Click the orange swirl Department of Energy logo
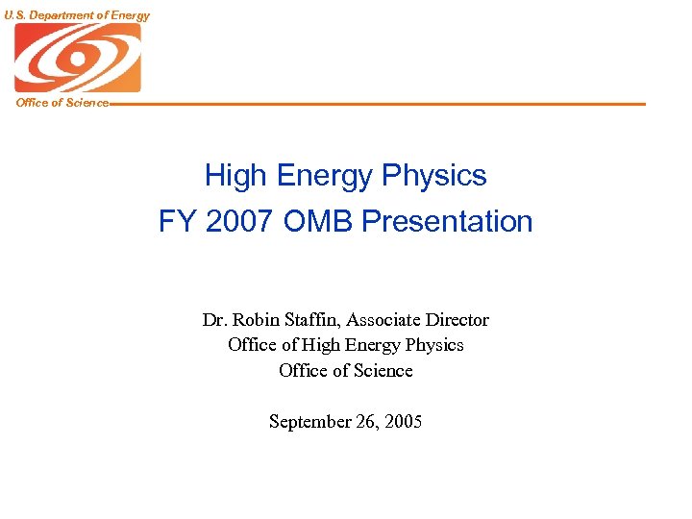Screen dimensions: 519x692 pyautogui.click(x=77, y=58)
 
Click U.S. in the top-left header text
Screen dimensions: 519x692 pyautogui.click(x=15, y=14)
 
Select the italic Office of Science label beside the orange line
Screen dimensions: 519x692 pyautogui.click(x=62, y=103)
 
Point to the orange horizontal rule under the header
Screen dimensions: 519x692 pyautogui.click(x=384, y=104)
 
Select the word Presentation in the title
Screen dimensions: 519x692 pyautogui.click(x=449, y=222)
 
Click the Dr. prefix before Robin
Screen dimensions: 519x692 pyautogui.click(x=214, y=320)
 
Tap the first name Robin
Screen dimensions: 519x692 pyautogui.click(x=254, y=320)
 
